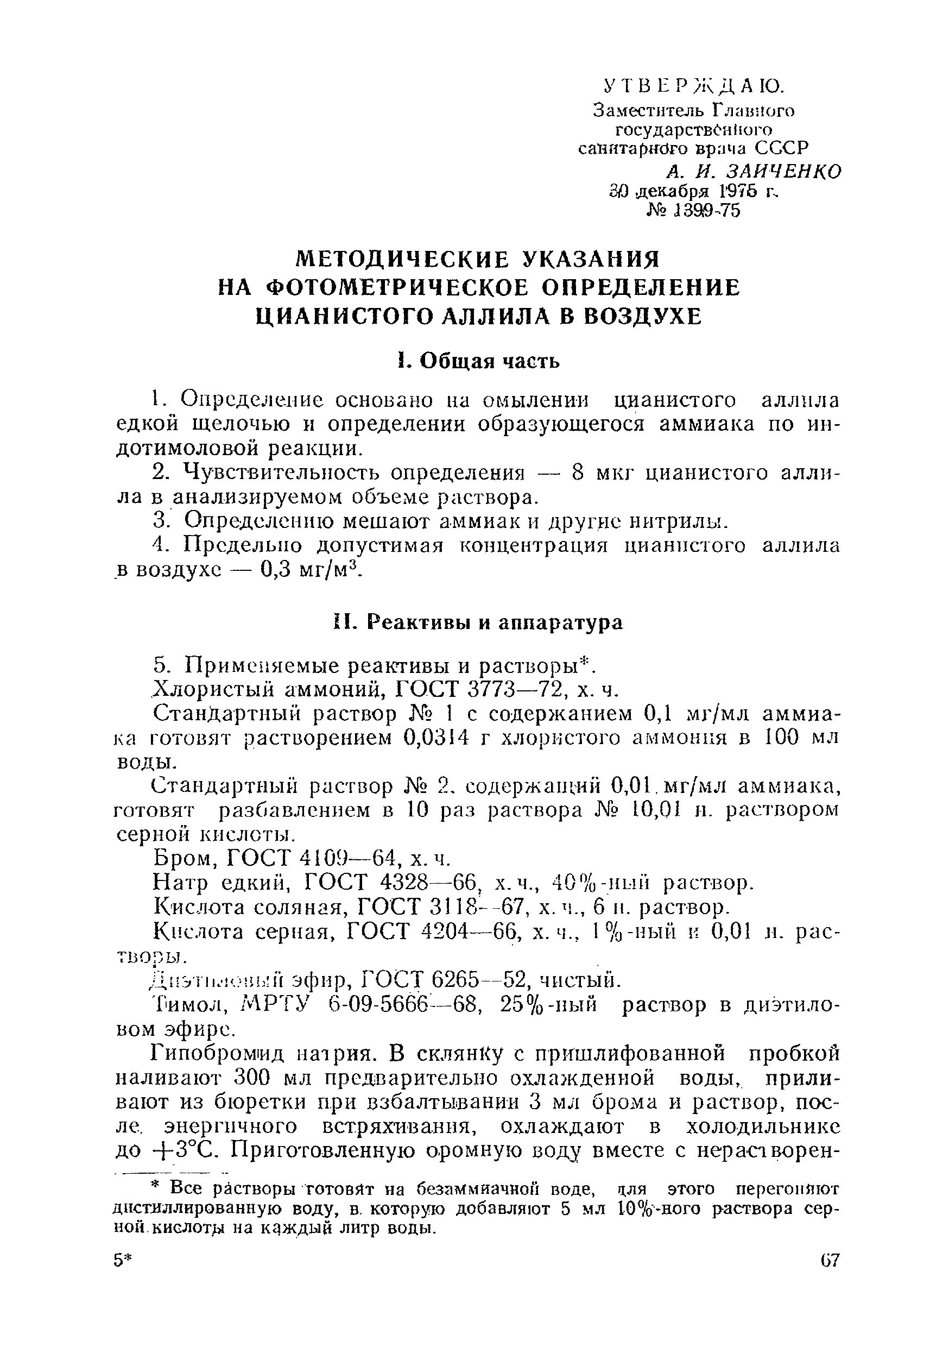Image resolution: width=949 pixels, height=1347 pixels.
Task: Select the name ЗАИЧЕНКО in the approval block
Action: point(783,171)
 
